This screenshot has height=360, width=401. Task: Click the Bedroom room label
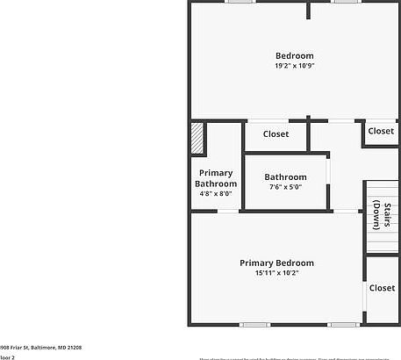(294, 56)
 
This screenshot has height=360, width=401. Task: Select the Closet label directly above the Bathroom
(276, 134)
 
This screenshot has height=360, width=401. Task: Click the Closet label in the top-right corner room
(381, 131)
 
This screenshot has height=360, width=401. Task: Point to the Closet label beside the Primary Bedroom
(382, 288)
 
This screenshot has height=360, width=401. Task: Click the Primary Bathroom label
(216, 178)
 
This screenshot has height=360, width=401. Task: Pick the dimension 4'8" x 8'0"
(216, 195)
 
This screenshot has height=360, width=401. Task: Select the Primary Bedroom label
(276, 263)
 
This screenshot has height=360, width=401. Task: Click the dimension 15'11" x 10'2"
(276, 273)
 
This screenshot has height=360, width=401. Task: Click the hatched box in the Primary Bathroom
(197, 139)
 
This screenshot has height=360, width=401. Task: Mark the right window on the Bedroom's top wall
(344, 2)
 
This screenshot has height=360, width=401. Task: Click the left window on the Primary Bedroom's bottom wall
(254, 325)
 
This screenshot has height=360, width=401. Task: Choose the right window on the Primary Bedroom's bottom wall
(343, 325)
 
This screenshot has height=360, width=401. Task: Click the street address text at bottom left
(35, 348)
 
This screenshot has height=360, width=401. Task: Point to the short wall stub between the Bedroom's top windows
(308, 10)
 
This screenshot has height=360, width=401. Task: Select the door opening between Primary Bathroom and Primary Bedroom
(228, 211)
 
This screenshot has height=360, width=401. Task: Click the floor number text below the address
(7, 357)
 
